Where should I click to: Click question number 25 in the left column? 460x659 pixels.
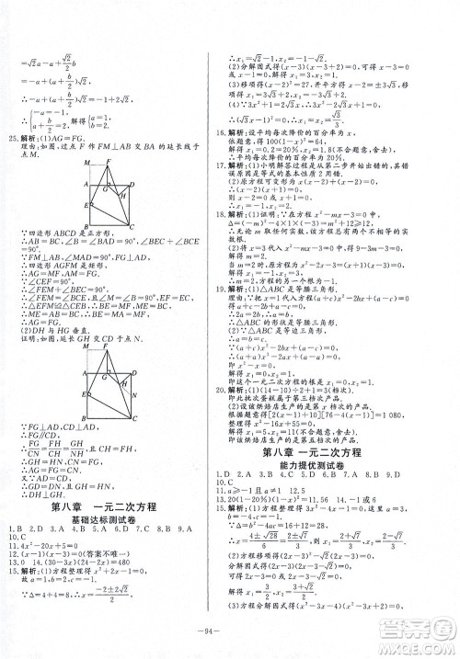[x=13, y=146]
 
